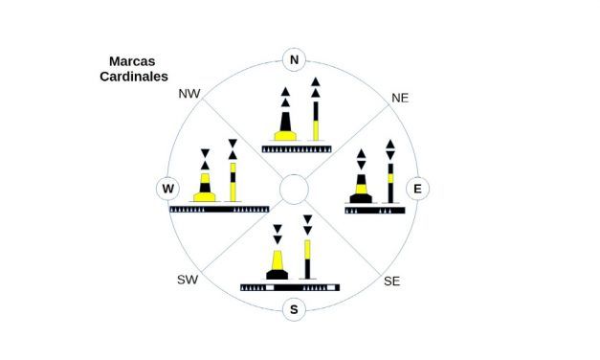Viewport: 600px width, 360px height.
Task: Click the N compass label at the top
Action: click(294, 59)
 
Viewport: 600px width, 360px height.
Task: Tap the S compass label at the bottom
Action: click(294, 309)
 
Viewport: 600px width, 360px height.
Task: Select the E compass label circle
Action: click(417, 189)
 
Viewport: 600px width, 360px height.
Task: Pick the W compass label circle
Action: click(168, 189)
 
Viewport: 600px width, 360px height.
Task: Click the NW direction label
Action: click(189, 94)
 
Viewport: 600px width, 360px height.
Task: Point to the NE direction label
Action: click(400, 98)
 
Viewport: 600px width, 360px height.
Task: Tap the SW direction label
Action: click(188, 280)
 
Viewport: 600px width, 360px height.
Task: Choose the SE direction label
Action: click(391, 281)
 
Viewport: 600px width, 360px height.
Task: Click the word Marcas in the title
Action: click(132, 61)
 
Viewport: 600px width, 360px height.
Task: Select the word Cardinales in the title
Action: click(134, 77)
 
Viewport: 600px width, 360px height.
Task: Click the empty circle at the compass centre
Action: click(294, 189)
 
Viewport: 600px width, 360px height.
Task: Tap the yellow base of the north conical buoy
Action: click(285, 136)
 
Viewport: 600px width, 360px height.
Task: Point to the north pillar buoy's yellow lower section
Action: click(316, 130)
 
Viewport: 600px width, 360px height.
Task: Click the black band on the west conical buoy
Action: click(205, 188)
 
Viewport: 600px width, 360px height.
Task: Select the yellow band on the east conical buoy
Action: click(361, 190)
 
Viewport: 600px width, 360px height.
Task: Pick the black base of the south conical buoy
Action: click(278, 275)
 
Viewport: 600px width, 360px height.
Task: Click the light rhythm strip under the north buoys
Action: click(297, 149)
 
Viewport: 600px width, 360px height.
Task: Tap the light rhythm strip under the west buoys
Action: click(219, 209)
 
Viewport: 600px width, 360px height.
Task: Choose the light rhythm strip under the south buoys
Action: click(290, 287)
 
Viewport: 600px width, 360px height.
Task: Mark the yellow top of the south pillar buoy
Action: click(307, 249)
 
